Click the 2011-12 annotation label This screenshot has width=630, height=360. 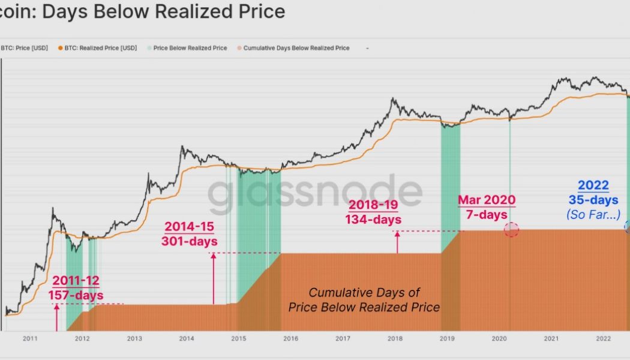click(x=76, y=280)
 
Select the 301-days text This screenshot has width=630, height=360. click(x=189, y=241)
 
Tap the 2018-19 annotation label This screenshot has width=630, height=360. click(x=373, y=205)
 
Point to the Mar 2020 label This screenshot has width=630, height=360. click(x=486, y=200)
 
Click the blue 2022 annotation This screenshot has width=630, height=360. click(x=593, y=186)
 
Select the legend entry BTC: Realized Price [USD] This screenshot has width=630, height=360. click(x=100, y=48)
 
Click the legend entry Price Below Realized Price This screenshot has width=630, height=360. click(x=190, y=48)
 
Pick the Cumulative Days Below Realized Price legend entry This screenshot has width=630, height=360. click(x=296, y=48)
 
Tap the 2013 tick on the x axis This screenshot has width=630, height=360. click(x=134, y=339)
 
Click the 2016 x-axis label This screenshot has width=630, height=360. click(x=290, y=339)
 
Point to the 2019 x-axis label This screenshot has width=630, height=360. click(x=447, y=339)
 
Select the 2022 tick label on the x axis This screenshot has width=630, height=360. click(x=603, y=339)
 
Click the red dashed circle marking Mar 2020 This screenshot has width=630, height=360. click(x=511, y=229)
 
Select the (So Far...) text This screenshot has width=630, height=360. click(x=593, y=214)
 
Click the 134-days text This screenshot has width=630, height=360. click(x=373, y=219)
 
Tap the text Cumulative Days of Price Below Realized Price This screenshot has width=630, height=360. click(x=364, y=300)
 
